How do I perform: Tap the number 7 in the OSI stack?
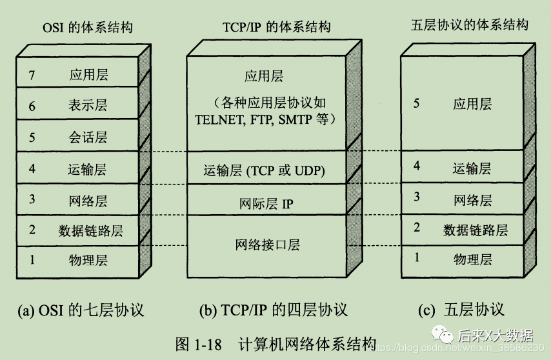(x=31, y=75)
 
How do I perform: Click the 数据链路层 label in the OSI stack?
(x=90, y=230)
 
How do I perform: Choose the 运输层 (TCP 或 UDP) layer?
(x=264, y=170)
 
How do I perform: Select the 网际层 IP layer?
(x=266, y=204)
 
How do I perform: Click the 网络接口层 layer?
(x=267, y=245)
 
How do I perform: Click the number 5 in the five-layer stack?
(x=416, y=103)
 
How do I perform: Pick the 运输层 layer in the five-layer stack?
(x=472, y=168)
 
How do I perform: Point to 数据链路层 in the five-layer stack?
(x=475, y=229)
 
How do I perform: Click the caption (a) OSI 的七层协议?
(x=81, y=310)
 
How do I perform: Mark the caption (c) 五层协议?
(x=461, y=310)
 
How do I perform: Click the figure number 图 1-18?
(x=198, y=344)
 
